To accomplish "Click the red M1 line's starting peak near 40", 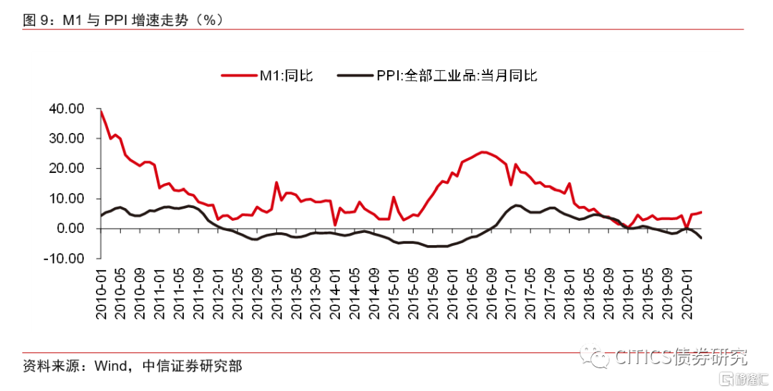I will coord(101,110).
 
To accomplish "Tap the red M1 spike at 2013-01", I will coord(276,182).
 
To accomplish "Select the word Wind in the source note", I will coord(111,367).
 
